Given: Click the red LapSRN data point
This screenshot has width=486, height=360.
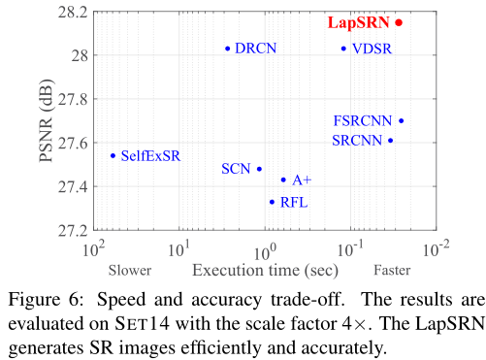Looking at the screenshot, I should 399,21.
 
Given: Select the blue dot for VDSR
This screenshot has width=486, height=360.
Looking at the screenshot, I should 343,49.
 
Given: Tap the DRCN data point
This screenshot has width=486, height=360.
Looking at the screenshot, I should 228,48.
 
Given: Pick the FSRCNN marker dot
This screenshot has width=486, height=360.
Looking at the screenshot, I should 402,121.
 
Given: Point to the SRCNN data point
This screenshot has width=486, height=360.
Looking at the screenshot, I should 391,141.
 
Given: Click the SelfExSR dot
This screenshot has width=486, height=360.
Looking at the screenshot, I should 113,155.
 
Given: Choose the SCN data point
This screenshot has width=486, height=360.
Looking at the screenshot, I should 259,169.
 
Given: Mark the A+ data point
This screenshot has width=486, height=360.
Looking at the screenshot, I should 283,180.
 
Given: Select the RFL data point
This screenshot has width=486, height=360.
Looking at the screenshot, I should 272,202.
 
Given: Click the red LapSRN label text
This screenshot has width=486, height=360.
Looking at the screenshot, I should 358,21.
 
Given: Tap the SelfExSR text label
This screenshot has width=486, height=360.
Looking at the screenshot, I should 150,155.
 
